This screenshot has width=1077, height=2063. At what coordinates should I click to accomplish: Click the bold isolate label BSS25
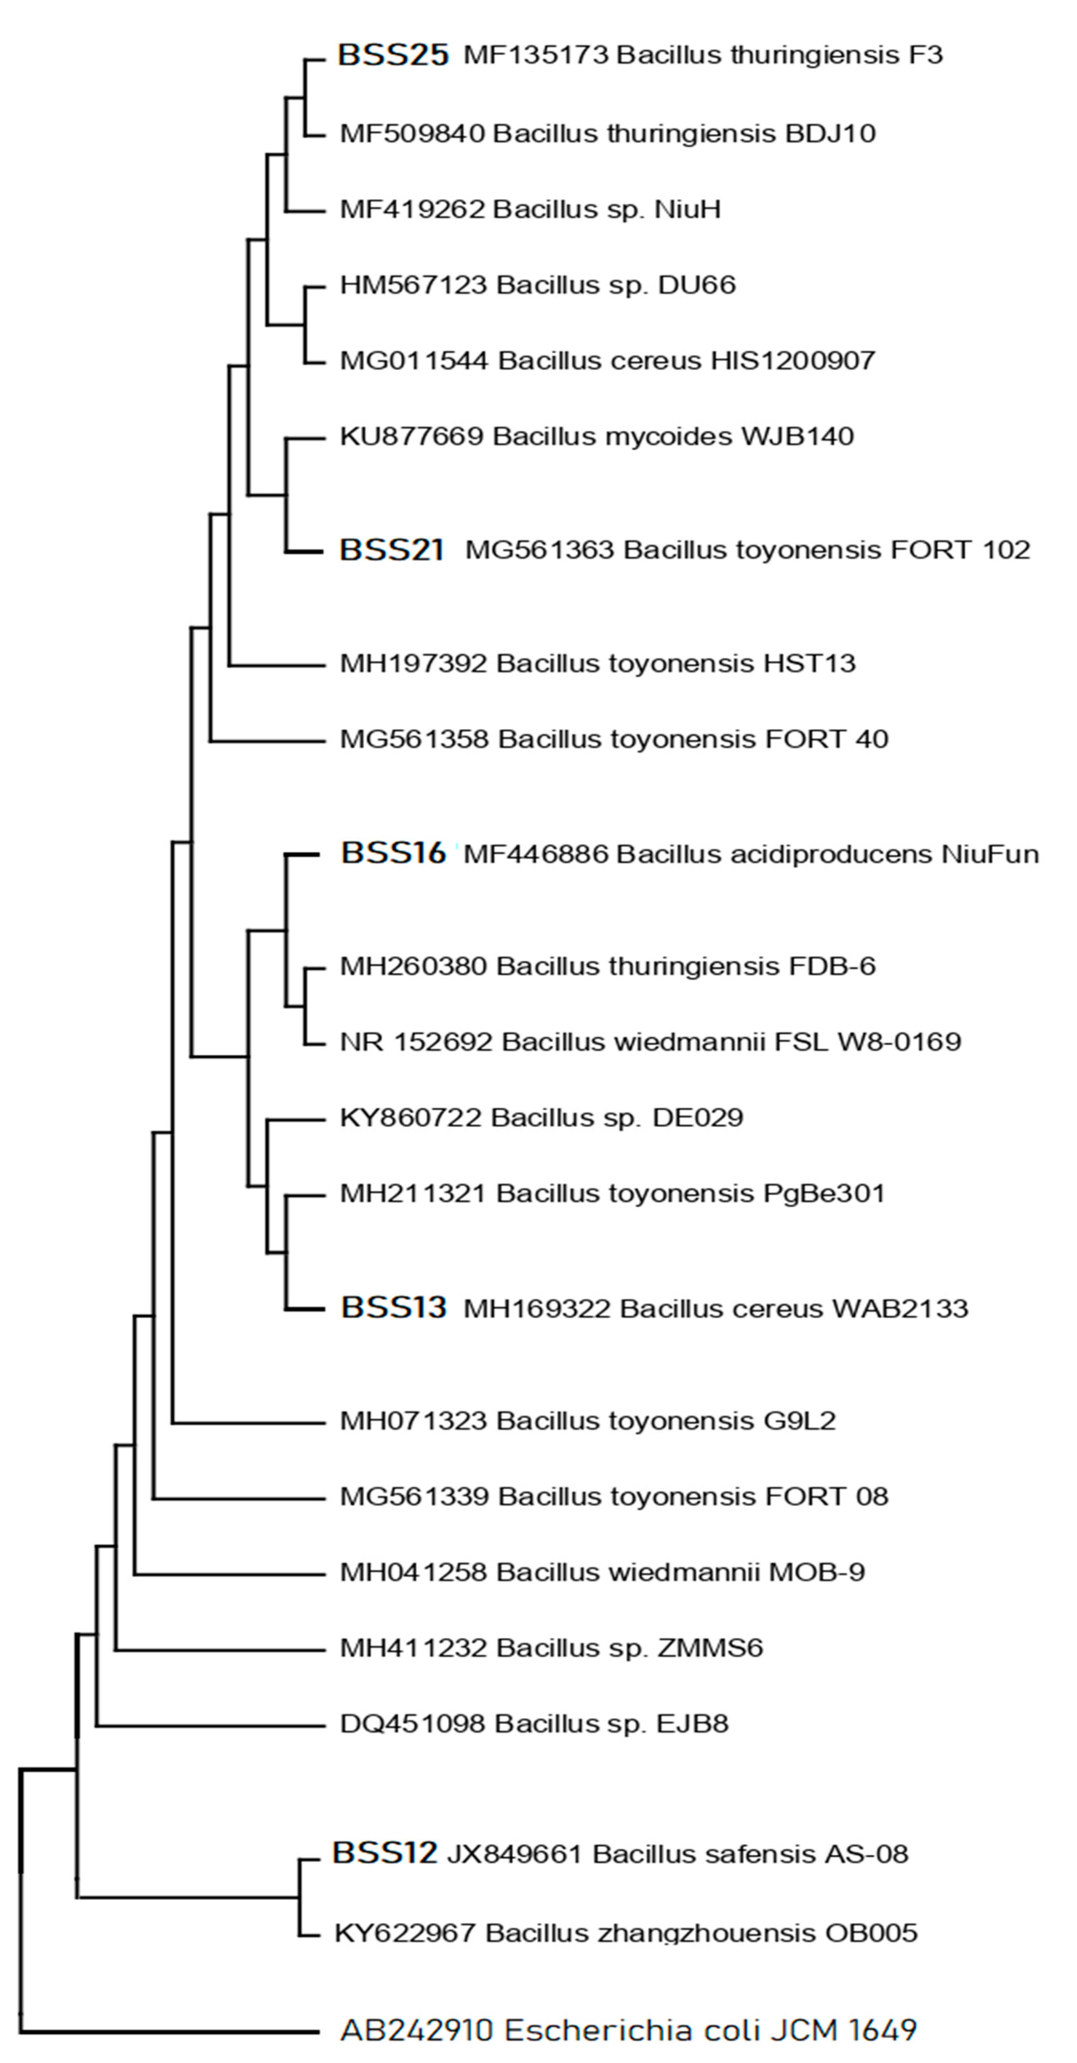pos(393,55)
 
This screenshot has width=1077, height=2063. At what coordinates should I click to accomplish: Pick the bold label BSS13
pos(393,1308)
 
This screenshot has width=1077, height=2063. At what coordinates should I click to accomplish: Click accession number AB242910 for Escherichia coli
pos(416,2030)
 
